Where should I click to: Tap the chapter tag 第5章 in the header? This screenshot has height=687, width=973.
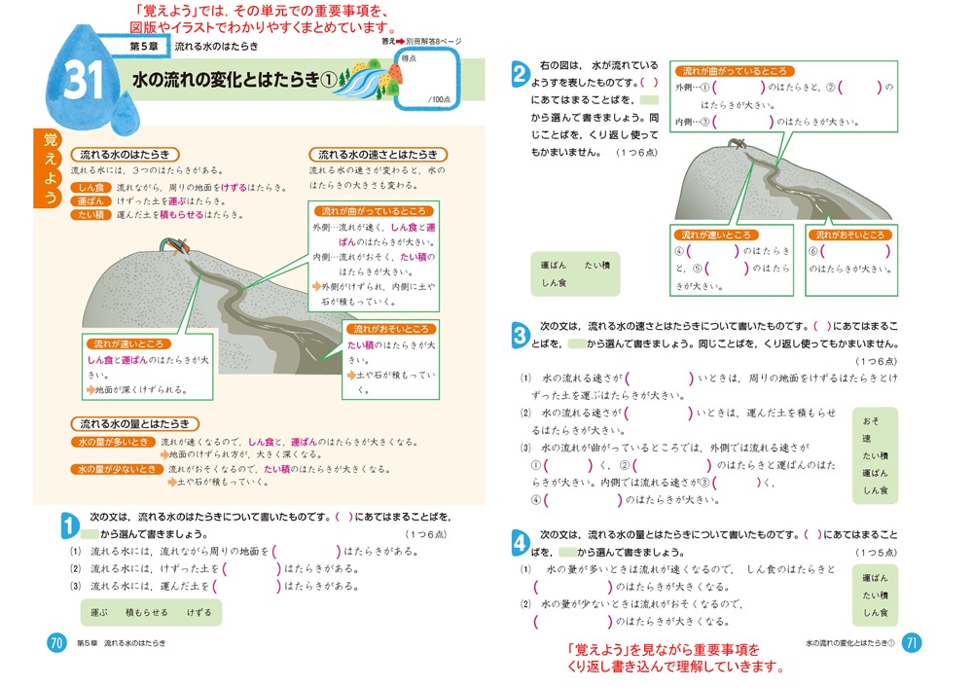click(137, 46)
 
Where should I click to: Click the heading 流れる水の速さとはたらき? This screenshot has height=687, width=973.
click(378, 155)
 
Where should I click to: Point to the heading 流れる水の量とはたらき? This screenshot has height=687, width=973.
click(135, 424)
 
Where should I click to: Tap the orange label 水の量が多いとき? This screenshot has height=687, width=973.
click(112, 442)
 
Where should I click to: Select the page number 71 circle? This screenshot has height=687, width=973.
click(912, 643)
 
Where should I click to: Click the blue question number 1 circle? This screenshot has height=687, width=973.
click(69, 525)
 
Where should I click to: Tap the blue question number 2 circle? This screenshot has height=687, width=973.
click(520, 75)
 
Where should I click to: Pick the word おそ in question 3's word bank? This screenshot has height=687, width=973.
click(870, 420)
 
